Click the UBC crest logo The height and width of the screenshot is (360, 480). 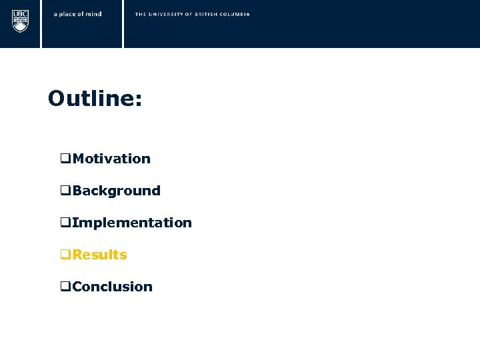point(21,21)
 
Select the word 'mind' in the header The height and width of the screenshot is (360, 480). point(94,14)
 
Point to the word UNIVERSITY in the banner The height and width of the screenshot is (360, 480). point(164,14)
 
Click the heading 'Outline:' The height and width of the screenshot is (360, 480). point(95,99)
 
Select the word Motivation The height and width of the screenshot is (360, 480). point(111,159)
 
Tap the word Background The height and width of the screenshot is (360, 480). point(117,191)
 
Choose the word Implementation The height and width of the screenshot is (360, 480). point(132,223)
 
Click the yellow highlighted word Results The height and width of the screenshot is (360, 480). point(100,255)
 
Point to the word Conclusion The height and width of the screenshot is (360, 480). point(113,287)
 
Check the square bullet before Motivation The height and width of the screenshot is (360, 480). point(65,159)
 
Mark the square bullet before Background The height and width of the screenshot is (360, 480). point(65,191)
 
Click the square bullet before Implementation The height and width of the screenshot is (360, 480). point(65,223)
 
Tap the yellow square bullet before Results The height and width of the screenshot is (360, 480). point(65,255)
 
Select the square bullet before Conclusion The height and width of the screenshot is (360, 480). point(65,287)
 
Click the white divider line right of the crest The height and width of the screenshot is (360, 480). point(41,24)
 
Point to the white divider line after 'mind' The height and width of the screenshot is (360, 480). point(123,24)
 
